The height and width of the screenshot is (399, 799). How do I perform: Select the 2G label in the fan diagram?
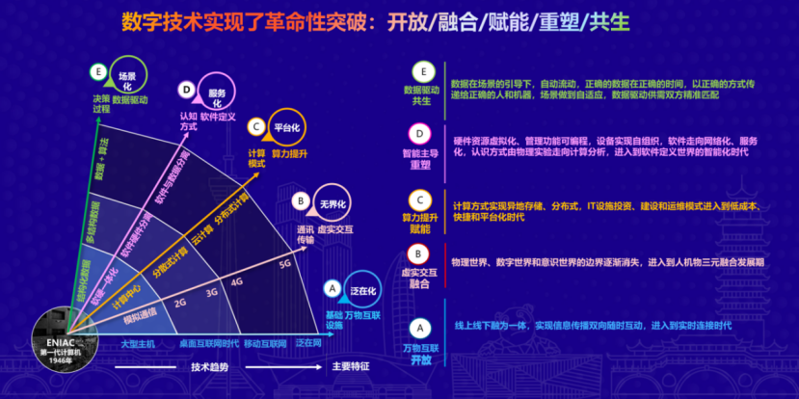tap(179, 302)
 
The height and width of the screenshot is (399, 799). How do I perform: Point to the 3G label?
tap(212, 292)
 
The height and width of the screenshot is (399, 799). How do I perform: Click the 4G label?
tap(237, 282)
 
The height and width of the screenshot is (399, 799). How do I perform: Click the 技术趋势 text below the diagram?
tap(209, 366)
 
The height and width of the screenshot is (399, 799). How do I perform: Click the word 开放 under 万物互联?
tap(420, 359)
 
